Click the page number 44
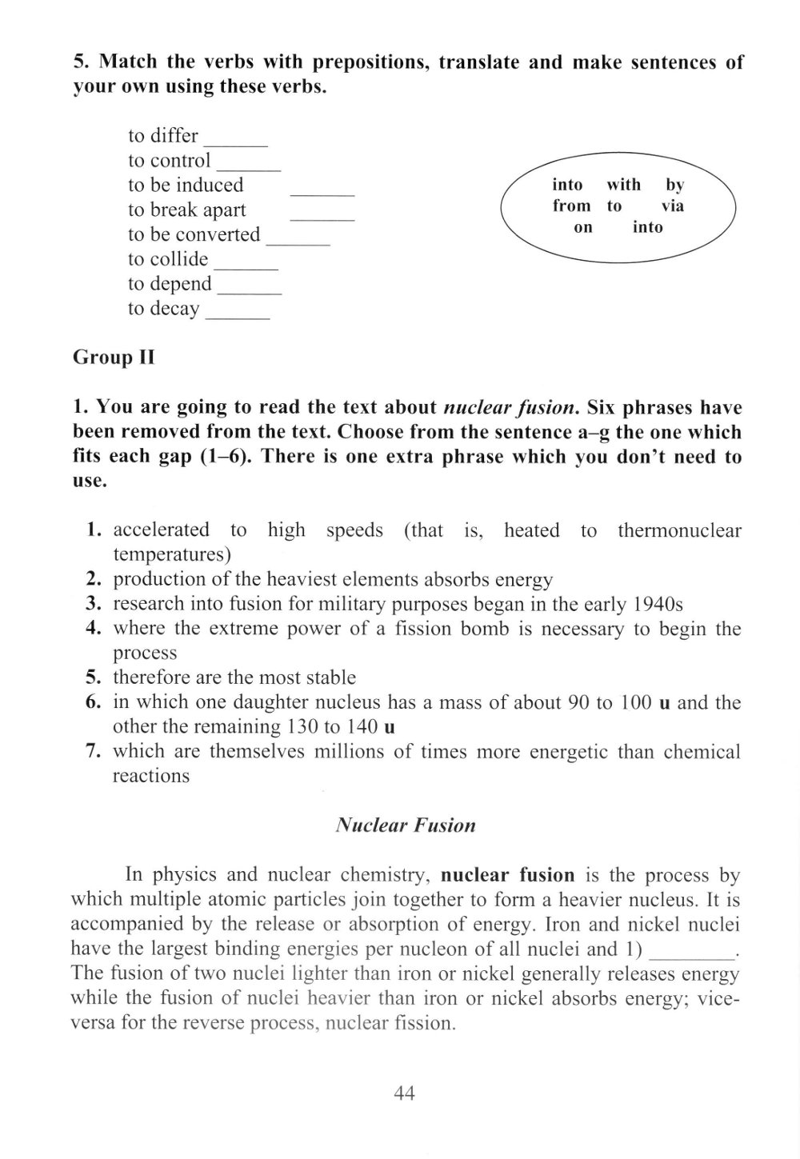click(404, 1093)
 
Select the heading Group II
click(113, 357)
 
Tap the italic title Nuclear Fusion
click(406, 825)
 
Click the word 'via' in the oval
click(673, 206)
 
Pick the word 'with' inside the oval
click(623, 185)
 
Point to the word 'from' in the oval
click(571, 206)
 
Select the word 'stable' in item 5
click(326, 677)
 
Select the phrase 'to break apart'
click(187, 210)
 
